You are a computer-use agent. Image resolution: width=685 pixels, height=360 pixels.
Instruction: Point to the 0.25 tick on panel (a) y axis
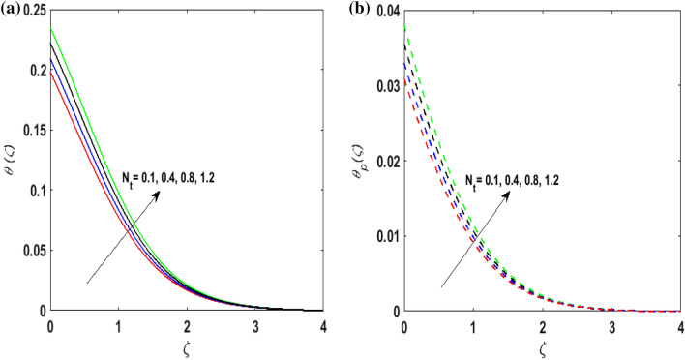click(32, 11)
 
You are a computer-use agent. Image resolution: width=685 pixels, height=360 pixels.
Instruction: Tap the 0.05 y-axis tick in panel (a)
click(32, 251)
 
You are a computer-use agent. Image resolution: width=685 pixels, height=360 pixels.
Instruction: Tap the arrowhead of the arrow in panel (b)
click(511, 193)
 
